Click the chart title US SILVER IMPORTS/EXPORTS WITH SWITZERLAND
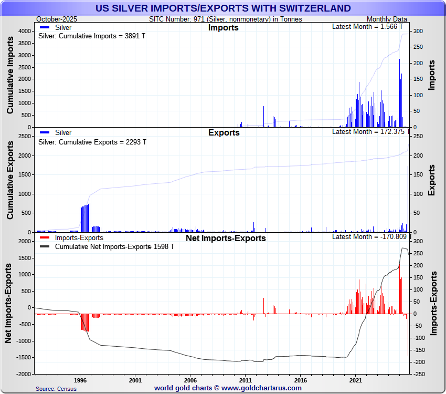coord(223,8)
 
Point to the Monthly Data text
coord(387,19)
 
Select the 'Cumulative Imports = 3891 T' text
coord(92,36)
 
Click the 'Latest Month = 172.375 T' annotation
coord(371,131)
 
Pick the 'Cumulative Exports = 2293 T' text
coord(92,142)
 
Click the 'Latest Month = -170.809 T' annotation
coord(370,237)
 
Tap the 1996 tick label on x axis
coord(80,379)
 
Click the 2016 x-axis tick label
coord(301,379)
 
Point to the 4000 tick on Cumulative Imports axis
coord(24,31)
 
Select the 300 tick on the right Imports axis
coord(416,31)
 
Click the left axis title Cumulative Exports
coord(10,180)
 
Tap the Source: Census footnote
coord(56,389)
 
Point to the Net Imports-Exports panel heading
coord(226,238)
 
